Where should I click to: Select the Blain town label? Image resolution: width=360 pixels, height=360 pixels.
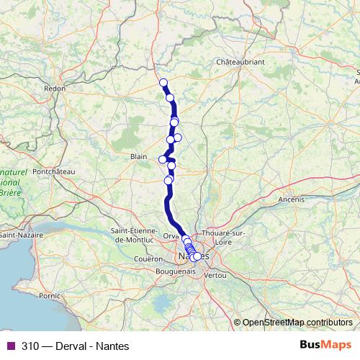[x=139, y=155]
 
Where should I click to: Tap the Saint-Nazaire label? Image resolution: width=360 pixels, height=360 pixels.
[x=21, y=235]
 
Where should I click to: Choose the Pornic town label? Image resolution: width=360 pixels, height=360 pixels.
[x=50, y=295]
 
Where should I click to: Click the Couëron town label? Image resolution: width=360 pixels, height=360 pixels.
[x=148, y=258]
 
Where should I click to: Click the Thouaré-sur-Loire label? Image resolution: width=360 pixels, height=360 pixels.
[x=225, y=238]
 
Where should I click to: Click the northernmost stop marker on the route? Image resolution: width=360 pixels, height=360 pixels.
[x=163, y=82]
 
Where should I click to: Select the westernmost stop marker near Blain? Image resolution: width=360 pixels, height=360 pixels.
[x=163, y=158]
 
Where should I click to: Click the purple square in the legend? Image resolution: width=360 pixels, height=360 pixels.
[x=10, y=344]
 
